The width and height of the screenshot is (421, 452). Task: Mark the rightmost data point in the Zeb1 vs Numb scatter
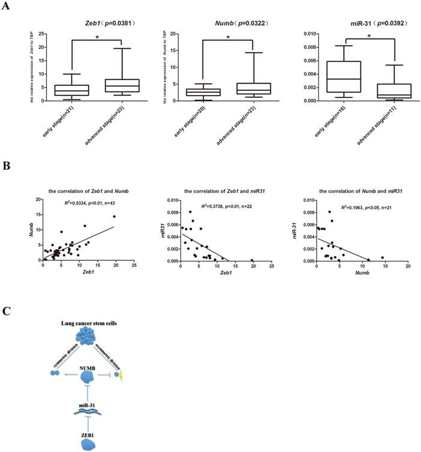(114, 216)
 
